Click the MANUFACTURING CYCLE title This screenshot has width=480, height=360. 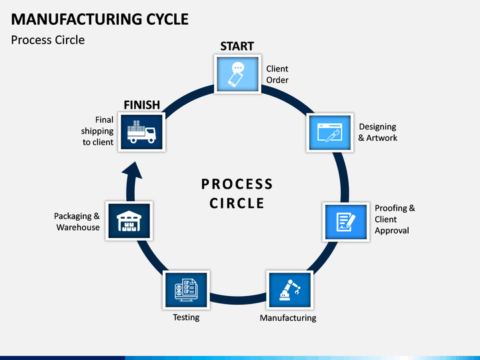click(x=100, y=19)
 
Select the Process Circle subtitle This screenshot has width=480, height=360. click(x=48, y=40)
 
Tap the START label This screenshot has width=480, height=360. click(x=237, y=46)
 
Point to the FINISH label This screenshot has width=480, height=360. click(x=142, y=105)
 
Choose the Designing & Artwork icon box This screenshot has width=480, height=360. click(x=330, y=133)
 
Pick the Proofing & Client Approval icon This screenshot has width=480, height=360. click(x=346, y=222)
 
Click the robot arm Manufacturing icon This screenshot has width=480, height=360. click(x=289, y=290)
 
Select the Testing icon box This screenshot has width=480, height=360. click(x=186, y=290)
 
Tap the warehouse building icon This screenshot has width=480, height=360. click(x=129, y=221)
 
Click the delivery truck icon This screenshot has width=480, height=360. click(x=141, y=132)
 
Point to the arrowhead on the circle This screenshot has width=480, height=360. click(x=132, y=170)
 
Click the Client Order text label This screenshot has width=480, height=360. click(x=277, y=75)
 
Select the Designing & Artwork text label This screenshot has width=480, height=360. click(x=378, y=132)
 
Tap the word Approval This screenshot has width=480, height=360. click(x=392, y=231)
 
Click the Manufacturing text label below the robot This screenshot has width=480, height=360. click(x=288, y=318)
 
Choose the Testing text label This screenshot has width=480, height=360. click(x=186, y=317)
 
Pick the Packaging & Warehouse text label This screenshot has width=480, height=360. click(x=77, y=221)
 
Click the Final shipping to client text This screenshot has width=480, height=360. click(x=97, y=131)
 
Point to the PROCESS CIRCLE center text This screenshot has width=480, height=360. click(x=237, y=193)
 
